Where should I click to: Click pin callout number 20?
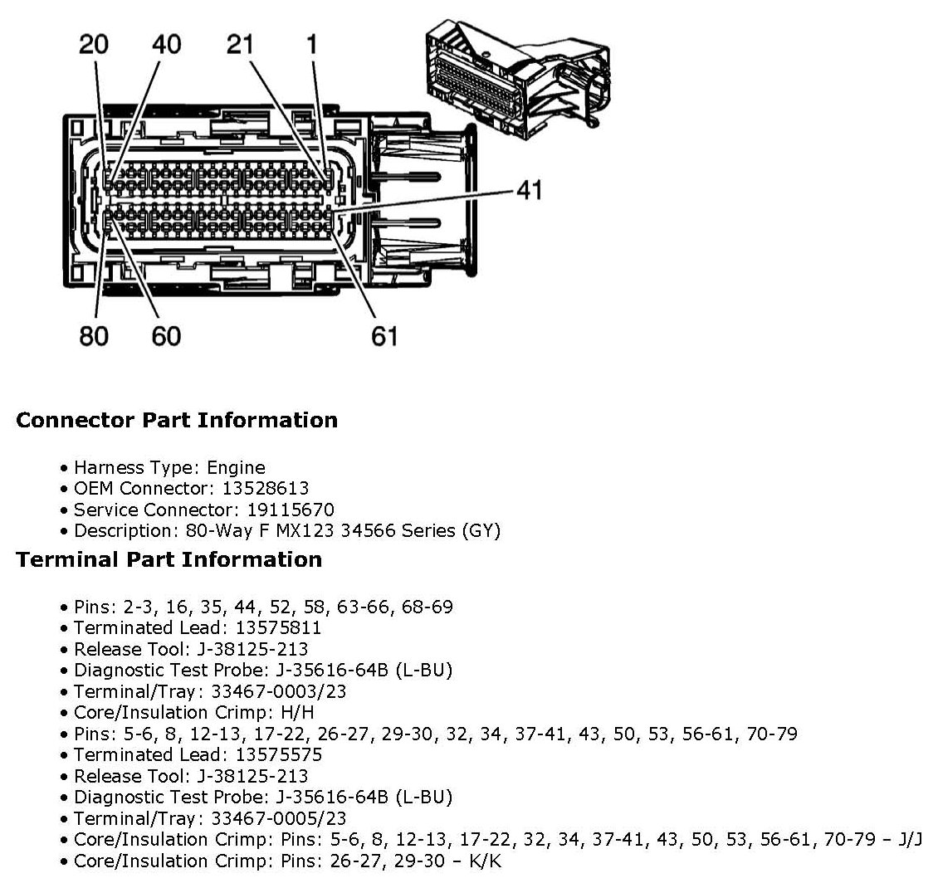coord(93,45)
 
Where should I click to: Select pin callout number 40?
coord(166,45)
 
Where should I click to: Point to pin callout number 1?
coord(312,45)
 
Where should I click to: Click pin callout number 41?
coord(528,190)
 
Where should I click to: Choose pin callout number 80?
coord(93,336)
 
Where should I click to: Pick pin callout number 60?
coord(166,336)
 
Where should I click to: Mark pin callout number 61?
coord(384,336)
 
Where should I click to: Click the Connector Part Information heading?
coord(177,420)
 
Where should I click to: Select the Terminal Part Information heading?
coord(169,559)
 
